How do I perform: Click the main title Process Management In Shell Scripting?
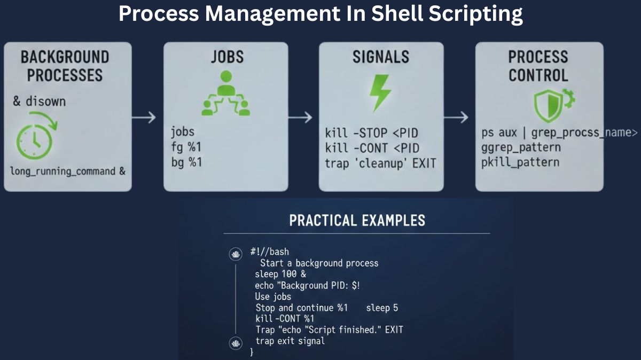320,13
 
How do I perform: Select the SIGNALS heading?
380,57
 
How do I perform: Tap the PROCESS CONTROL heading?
538,66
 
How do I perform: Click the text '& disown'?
39,101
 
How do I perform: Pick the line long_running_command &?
68,171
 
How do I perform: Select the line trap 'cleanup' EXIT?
380,163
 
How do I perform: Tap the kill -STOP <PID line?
372,133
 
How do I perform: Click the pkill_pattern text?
520,162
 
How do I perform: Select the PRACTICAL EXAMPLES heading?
357,220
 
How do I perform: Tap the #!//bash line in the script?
269,252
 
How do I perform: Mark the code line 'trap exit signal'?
290,341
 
